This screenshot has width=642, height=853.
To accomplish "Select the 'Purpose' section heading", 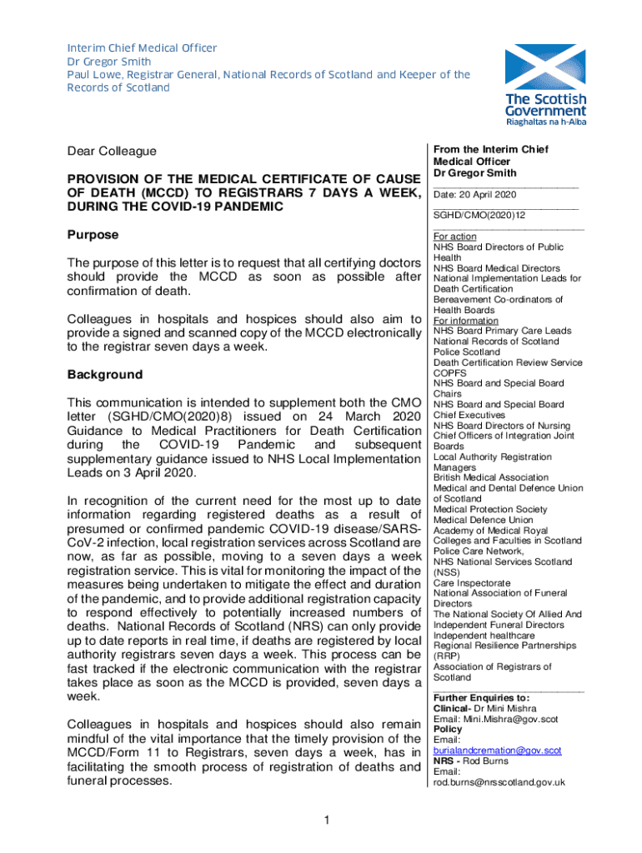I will pyautogui.click(x=93, y=235).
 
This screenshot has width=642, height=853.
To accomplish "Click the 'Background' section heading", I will pyautogui.click(x=104, y=375).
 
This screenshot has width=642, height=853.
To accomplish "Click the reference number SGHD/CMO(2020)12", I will pyautogui.click(x=479, y=215).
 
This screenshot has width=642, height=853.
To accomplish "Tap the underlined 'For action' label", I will pyautogui.click(x=455, y=237).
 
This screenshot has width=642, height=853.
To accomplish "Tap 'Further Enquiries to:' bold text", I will pyautogui.click(x=481, y=697).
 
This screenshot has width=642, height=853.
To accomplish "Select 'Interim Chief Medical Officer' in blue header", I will pyautogui.click(x=142, y=48).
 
